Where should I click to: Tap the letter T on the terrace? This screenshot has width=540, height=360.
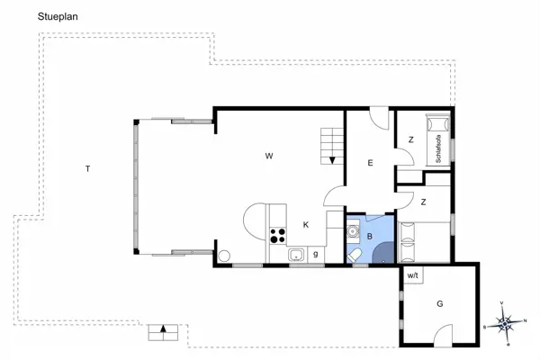pos(87,168)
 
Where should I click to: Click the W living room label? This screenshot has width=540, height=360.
pos(268,157)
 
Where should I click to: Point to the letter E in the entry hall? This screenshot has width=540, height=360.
pos(370,163)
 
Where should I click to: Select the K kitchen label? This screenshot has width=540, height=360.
pos(306,225)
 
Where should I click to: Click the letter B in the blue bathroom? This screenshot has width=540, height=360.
pos(369,236)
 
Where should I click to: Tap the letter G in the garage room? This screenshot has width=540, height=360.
pos(439,304)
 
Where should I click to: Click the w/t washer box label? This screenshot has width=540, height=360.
pos(412,275)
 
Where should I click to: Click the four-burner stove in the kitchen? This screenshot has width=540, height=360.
pos(278,237)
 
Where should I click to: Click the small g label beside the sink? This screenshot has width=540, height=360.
pos(315,255)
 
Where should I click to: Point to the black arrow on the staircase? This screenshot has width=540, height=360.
pos(333,159)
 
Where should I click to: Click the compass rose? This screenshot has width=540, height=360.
pos(506,320)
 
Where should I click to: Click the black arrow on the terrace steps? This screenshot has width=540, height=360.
pos(163,329)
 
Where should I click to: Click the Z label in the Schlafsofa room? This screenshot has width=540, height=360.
pos(410,139)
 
